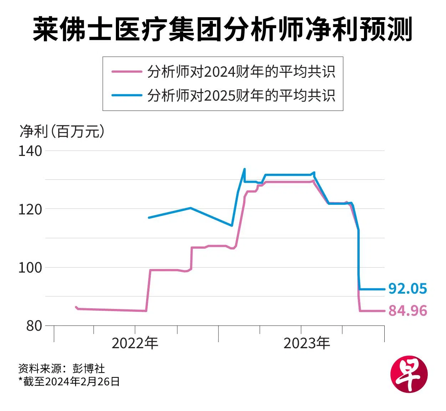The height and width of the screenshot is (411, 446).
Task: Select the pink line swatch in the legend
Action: [x=127, y=71]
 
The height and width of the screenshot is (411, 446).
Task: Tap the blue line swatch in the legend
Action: [x=127, y=95]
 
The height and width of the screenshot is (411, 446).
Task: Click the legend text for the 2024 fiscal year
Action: [x=241, y=71]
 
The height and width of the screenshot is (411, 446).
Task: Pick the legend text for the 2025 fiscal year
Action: [x=241, y=95]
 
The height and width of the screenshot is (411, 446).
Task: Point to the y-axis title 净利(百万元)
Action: [x=62, y=131]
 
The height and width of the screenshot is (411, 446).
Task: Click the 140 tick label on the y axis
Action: [x=30, y=151]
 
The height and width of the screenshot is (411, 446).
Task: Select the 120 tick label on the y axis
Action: [x=30, y=209]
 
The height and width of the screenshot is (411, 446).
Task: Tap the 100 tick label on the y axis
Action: [x=30, y=268]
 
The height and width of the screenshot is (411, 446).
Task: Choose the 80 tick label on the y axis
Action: [x=34, y=326]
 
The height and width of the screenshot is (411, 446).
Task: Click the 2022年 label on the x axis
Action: [x=135, y=343]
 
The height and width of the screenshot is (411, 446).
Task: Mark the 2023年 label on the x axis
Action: [x=307, y=343]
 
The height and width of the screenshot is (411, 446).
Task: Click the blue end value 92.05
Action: [x=407, y=289]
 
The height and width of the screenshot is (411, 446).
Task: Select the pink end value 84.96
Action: [x=407, y=311]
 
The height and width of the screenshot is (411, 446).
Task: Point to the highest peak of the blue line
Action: [x=244, y=169]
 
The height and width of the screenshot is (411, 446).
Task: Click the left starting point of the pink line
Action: [x=76, y=307]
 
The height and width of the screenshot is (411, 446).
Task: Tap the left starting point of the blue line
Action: [x=149, y=217]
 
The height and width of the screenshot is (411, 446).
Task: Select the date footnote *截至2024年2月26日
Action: [x=69, y=381]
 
